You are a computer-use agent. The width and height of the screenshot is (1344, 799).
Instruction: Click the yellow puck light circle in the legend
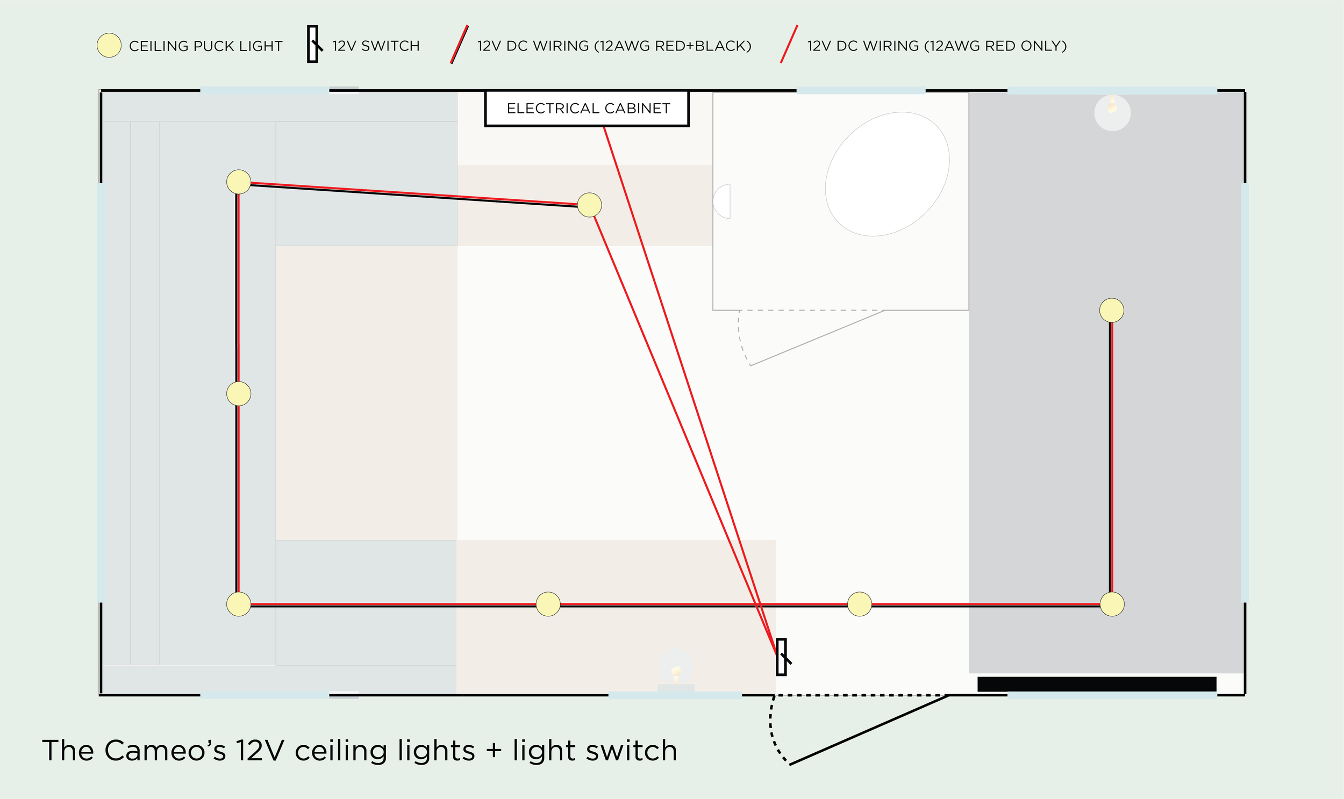click(109, 45)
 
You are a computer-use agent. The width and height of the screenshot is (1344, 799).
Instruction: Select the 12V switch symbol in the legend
click(313, 44)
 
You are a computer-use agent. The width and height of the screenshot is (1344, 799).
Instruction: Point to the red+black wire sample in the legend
click(460, 45)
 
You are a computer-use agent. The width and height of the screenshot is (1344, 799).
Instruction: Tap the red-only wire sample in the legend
click(789, 44)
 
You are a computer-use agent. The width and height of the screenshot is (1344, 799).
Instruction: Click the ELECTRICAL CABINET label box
click(587, 108)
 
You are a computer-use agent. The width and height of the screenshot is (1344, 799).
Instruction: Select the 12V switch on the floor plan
click(782, 657)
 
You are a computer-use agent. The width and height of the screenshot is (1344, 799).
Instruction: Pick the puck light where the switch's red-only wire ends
click(589, 205)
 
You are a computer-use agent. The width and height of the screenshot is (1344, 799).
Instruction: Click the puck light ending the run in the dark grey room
click(1111, 310)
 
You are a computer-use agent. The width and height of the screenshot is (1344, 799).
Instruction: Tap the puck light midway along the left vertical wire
click(239, 393)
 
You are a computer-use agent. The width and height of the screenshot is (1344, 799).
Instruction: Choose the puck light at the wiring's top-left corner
click(239, 182)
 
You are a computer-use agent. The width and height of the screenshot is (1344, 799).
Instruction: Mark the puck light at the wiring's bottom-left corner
click(239, 604)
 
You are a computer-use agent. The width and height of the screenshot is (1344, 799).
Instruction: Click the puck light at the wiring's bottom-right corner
click(1112, 604)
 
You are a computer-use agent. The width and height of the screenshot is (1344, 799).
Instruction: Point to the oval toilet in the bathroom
click(887, 174)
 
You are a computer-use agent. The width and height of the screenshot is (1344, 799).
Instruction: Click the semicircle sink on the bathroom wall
click(723, 201)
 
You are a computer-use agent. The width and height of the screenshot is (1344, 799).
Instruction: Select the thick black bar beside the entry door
click(1097, 684)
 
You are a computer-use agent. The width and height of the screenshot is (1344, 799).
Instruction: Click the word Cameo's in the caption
click(165, 751)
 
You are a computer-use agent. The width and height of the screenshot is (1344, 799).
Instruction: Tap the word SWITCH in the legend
click(390, 46)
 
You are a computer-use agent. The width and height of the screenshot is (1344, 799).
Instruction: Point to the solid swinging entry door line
click(868, 730)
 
